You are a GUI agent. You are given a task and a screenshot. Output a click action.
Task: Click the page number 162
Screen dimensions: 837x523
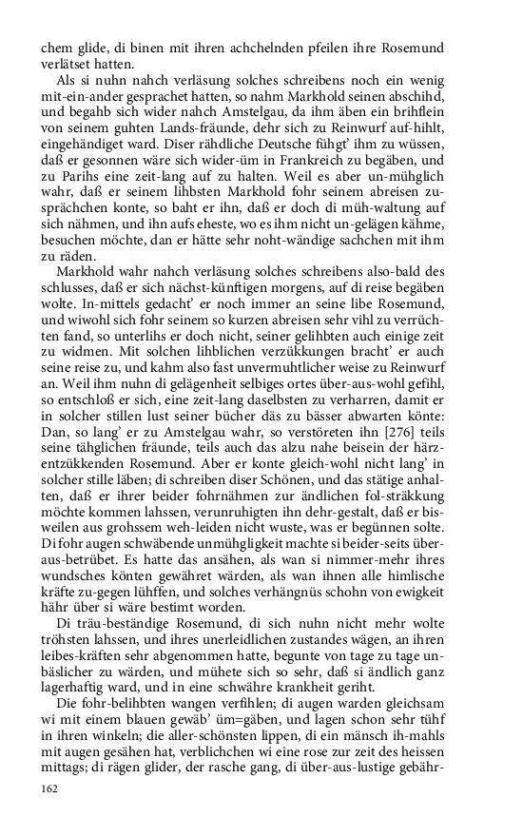point(50,788)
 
